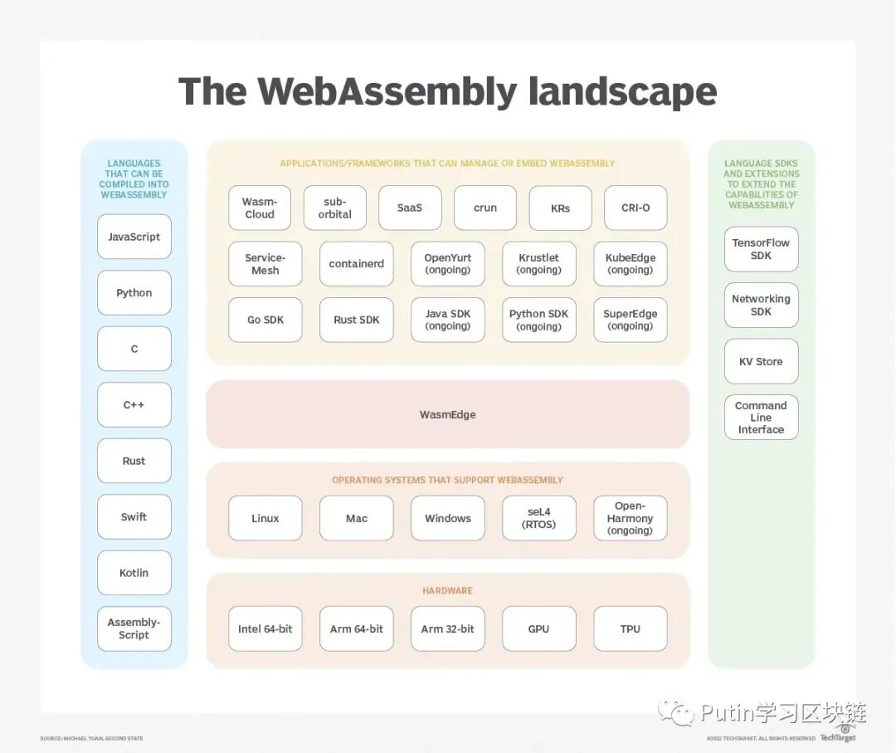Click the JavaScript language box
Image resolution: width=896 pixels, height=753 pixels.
click(134, 237)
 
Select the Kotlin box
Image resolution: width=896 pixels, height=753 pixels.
click(134, 573)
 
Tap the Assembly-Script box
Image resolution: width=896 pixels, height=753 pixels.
click(134, 628)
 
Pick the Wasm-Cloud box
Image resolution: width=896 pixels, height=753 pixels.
click(260, 208)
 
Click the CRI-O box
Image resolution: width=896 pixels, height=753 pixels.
click(635, 208)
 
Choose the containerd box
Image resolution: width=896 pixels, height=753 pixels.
click(357, 264)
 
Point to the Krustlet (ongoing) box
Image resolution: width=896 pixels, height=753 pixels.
click(539, 264)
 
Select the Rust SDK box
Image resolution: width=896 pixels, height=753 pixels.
click(357, 320)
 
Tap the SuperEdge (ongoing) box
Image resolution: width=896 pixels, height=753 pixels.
click(631, 320)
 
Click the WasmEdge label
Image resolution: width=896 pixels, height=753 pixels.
click(448, 414)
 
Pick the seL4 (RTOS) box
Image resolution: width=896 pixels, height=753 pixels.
click(539, 518)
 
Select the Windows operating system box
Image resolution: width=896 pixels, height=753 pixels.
click(448, 518)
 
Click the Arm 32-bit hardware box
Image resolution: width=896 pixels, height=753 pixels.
click(448, 628)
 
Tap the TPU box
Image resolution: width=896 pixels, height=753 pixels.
click(631, 628)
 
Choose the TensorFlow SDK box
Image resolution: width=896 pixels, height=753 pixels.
click(762, 249)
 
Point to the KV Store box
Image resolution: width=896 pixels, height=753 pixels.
click(762, 361)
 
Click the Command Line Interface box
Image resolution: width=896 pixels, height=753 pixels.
click(762, 417)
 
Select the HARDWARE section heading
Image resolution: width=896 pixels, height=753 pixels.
click(448, 590)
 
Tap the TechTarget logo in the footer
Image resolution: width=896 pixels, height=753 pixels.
click(838, 735)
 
